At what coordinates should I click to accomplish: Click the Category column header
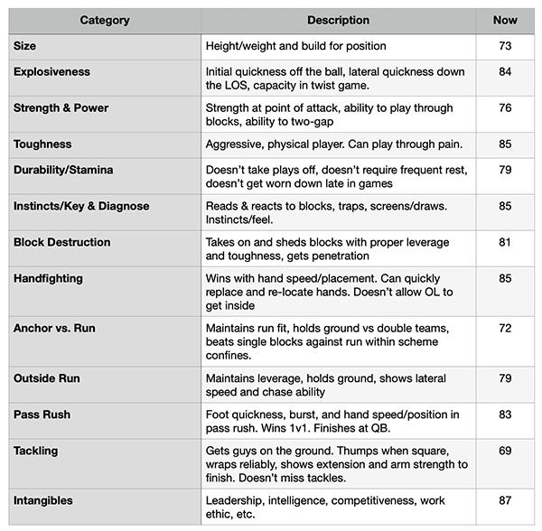point(104,20)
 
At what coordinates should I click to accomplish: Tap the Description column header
point(338,20)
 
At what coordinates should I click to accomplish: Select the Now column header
point(505,20)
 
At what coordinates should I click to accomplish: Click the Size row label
point(25,45)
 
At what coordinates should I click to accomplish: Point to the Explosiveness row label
point(51,71)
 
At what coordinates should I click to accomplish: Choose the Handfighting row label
point(48,278)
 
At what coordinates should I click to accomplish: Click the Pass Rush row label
point(42,415)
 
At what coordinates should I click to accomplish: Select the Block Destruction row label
point(62,242)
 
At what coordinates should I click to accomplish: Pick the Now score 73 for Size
point(505,46)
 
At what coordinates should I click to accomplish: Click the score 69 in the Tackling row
point(505,451)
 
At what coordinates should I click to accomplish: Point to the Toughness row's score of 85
point(505,144)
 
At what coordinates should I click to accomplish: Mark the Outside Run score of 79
point(505,379)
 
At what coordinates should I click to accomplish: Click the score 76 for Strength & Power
point(505,108)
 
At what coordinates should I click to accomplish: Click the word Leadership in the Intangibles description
point(238,499)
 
